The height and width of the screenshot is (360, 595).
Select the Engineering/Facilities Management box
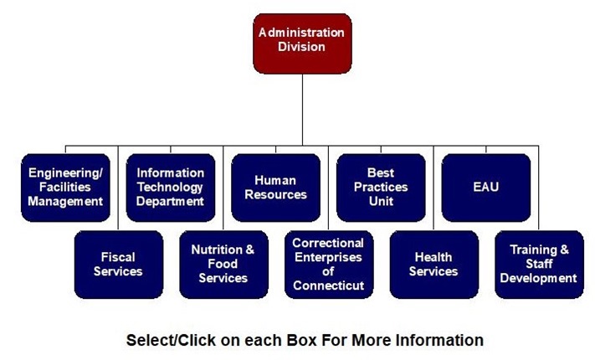(x=65, y=187)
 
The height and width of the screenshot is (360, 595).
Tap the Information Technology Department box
(x=171, y=187)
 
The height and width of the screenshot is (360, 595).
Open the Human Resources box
(x=276, y=187)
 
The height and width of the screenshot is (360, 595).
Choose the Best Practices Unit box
(x=381, y=187)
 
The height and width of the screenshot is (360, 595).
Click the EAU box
(x=485, y=187)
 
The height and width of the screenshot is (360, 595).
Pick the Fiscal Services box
(x=118, y=264)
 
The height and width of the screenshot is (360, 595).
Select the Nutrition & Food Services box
(x=223, y=264)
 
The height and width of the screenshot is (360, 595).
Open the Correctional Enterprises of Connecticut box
(x=328, y=264)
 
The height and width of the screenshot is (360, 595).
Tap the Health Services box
(x=433, y=264)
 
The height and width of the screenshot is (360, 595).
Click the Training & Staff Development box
(x=539, y=264)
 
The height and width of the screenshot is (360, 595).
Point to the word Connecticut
(x=328, y=285)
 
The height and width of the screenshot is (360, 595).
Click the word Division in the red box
(x=301, y=47)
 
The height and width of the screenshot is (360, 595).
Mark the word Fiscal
(x=118, y=257)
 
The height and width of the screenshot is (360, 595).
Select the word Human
(x=276, y=180)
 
